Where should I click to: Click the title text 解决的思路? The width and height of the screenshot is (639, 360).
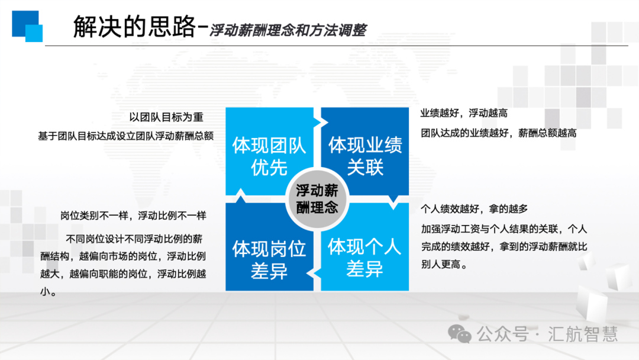point(134,27)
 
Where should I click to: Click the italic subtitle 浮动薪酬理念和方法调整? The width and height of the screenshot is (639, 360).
point(288,30)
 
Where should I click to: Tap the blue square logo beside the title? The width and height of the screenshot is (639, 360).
point(27,26)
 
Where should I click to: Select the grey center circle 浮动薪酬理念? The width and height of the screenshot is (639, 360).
point(317,199)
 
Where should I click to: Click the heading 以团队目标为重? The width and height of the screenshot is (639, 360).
point(166,117)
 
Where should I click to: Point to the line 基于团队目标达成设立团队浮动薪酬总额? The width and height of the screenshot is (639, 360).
point(126,136)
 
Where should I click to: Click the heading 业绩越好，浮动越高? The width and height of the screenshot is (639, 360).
point(464,113)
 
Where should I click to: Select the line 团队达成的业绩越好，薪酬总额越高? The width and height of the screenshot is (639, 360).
point(499,133)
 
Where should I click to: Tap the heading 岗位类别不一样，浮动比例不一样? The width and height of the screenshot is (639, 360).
point(133,216)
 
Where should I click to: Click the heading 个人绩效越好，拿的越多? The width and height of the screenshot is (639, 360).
point(475,209)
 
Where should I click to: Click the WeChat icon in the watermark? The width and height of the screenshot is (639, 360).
point(460,334)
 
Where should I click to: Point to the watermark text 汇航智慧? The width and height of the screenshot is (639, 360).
point(583,334)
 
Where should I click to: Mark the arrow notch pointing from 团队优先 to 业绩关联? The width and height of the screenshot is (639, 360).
point(321,121)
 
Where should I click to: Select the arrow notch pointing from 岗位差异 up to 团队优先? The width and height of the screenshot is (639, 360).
point(240,196)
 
